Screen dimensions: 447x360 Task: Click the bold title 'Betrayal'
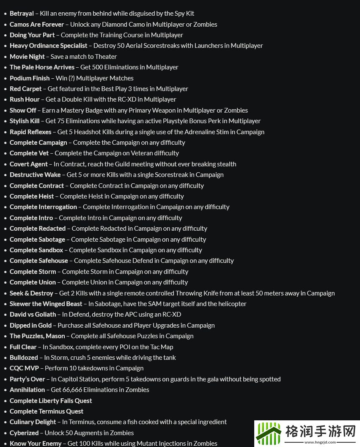(x=22, y=14)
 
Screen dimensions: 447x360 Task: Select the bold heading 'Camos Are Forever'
(x=37, y=24)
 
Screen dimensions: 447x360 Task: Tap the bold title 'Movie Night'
(x=27, y=56)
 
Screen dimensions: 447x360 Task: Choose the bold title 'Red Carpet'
(x=25, y=89)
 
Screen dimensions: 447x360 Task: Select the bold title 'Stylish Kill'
(x=25, y=121)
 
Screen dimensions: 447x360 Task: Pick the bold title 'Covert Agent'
(x=29, y=164)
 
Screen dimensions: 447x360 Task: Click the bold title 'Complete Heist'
(x=32, y=196)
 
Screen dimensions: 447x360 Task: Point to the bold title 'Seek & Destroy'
(x=31, y=293)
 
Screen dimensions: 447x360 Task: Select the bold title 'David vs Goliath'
(x=33, y=315)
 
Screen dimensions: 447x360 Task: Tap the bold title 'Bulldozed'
(x=24, y=358)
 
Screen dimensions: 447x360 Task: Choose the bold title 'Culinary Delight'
(x=33, y=422)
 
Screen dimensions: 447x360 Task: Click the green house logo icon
(x=268, y=433)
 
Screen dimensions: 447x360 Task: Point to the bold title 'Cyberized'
(x=24, y=433)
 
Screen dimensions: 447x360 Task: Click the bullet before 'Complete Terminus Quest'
(x=5, y=411)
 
